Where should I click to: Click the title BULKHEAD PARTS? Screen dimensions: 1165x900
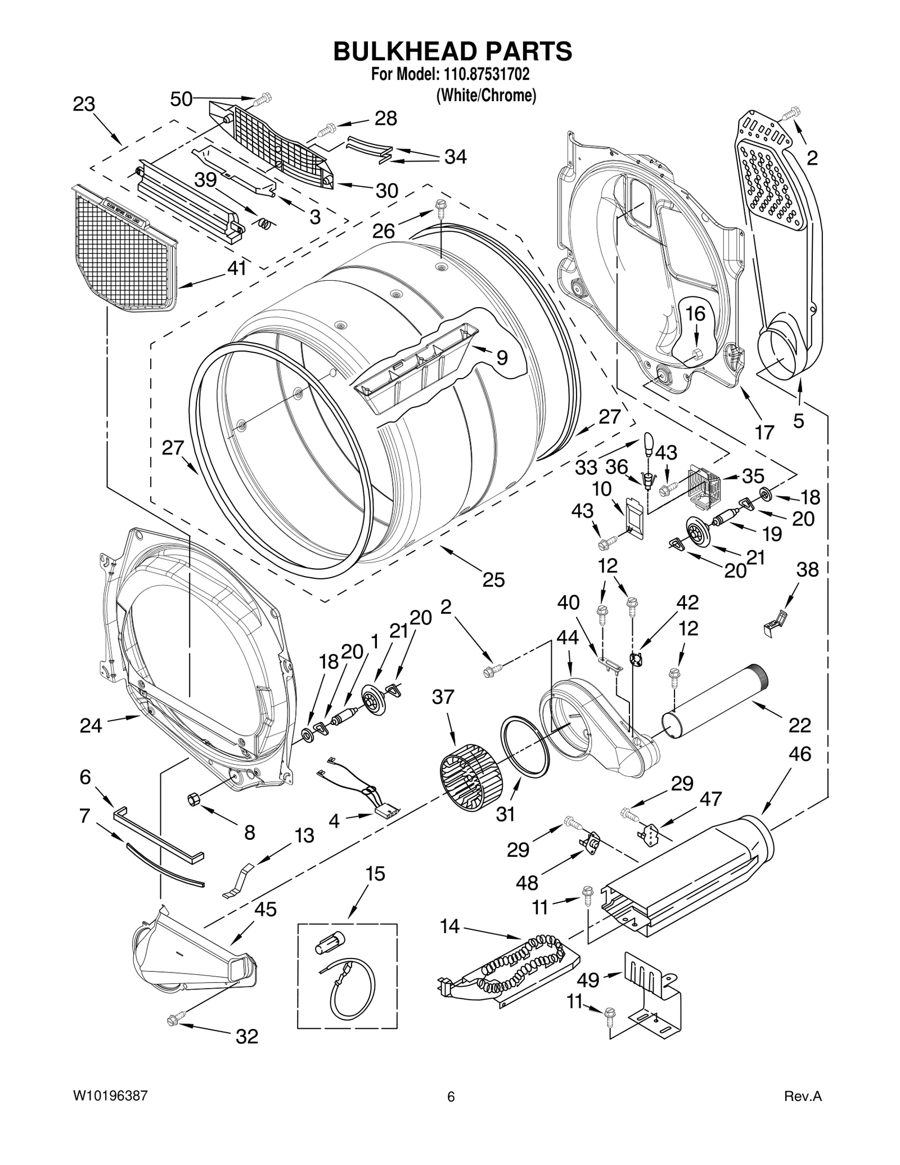(452, 51)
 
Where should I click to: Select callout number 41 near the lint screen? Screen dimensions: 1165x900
(237, 268)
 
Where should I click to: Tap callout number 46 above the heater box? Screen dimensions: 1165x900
(799, 754)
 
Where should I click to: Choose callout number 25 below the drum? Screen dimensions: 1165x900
(493, 579)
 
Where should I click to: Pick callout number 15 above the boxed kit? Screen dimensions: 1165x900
(375, 874)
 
